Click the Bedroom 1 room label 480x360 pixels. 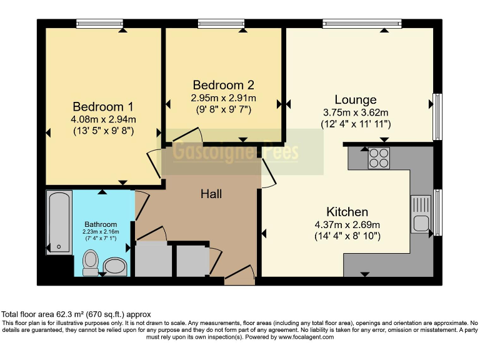point(102,106)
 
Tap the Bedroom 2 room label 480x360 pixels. point(223,85)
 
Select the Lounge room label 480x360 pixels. point(355,100)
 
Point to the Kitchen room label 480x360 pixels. point(347,212)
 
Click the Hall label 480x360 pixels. point(211,194)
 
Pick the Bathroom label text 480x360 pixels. point(101,224)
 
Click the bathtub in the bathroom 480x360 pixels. point(59,222)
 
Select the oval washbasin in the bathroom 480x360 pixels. point(115,267)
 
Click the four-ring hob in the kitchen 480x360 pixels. point(379,158)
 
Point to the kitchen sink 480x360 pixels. point(420,214)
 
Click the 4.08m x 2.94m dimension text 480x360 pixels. point(103,119)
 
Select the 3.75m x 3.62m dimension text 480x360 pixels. point(355,112)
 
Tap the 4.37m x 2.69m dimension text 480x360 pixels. point(347,225)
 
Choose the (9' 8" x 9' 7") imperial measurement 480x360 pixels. point(223,109)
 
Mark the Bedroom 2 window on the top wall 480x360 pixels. point(221,24)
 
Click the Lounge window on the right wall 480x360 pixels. point(437,117)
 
